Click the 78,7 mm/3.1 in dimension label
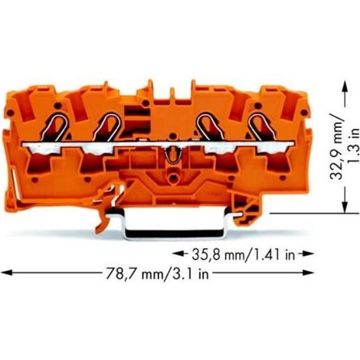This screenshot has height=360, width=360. click(x=157, y=273)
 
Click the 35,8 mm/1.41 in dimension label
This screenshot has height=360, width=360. click(x=244, y=254)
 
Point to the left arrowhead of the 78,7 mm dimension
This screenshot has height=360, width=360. click(x=6, y=273)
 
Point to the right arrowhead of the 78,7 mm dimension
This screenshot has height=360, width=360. click(x=309, y=273)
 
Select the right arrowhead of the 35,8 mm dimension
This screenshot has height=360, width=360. click(x=309, y=254)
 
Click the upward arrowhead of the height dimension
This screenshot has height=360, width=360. click(x=345, y=86)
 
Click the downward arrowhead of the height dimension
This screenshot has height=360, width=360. click(x=345, y=207)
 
